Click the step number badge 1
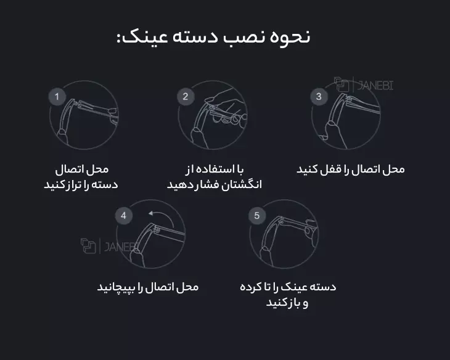click(x=57, y=96)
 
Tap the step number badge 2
click(x=186, y=96)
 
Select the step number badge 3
click(x=319, y=96)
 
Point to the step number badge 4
click(x=124, y=215)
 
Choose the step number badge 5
click(x=257, y=215)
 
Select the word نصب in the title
click(x=243, y=38)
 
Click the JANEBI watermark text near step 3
click(x=375, y=85)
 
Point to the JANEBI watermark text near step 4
click(x=121, y=247)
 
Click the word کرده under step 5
click(x=250, y=287)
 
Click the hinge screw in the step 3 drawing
click(x=350, y=99)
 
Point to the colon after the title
click(x=118, y=39)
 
